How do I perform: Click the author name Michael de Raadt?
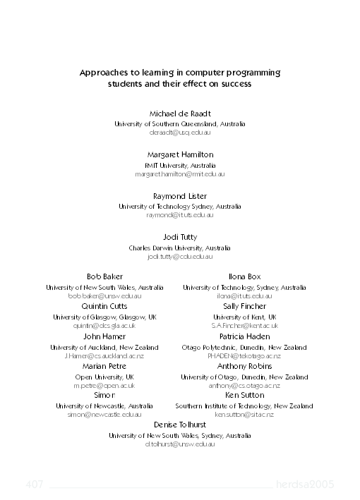[179, 114]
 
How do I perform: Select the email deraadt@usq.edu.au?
[179, 133]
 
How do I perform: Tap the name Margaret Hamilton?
[179, 154]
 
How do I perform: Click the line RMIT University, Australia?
[179, 165]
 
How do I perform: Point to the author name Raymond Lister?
[179, 196]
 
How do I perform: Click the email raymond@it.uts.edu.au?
[179, 215]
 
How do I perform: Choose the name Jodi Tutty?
[179, 238]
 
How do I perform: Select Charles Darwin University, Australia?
[179, 248]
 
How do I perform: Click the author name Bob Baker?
[104, 276]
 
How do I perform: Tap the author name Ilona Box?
[244, 276]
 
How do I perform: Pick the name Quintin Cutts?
[104, 307]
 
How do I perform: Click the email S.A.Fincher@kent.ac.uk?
[244, 326]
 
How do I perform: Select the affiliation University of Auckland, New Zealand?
[104, 347]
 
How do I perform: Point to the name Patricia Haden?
[244, 336]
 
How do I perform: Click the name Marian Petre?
[104, 367]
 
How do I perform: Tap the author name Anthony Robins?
[244, 367]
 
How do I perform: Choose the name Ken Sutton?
[244, 396]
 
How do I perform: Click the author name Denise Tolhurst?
[179, 425]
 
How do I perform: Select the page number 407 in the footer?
[35, 484]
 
